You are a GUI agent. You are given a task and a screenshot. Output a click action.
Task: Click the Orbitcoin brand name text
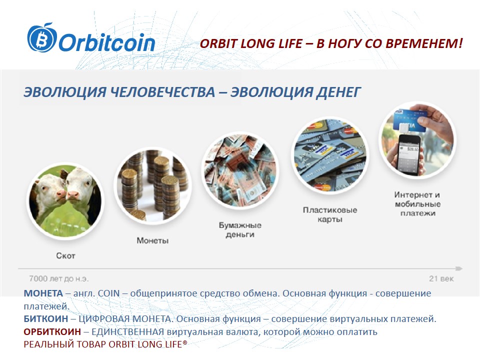[x=107, y=42]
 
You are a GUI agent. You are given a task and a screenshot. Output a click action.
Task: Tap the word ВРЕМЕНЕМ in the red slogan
[x=424, y=43]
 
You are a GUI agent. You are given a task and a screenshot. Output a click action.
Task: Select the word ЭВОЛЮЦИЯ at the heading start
[x=65, y=92]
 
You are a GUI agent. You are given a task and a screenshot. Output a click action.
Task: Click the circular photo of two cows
[x=65, y=201]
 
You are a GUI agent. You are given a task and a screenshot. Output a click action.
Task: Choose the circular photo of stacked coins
[x=153, y=185]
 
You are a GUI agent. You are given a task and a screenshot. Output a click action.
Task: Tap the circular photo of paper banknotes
[x=240, y=170]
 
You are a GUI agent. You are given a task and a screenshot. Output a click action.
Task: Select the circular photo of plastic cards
[x=330, y=155]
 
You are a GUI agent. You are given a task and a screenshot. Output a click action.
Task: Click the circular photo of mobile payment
[x=417, y=139]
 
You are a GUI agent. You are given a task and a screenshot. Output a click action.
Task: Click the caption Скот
[x=65, y=255]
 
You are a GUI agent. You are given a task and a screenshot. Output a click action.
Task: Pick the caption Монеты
[x=152, y=240]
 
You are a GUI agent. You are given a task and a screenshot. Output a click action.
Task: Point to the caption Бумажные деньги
[x=240, y=230]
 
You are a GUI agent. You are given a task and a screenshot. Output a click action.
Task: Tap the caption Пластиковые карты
[x=330, y=214]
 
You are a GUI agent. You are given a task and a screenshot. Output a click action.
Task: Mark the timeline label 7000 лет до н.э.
[x=58, y=278]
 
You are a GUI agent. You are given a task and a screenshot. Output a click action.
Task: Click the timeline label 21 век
[x=441, y=278]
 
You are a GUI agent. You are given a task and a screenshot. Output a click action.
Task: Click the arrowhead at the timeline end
[x=459, y=268]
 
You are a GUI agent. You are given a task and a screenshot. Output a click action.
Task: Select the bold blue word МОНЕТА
[x=43, y=293]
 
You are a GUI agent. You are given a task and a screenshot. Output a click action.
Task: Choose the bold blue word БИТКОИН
[x=46, y=318]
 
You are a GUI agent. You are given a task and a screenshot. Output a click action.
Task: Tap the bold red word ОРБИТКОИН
[x=52, y=331]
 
